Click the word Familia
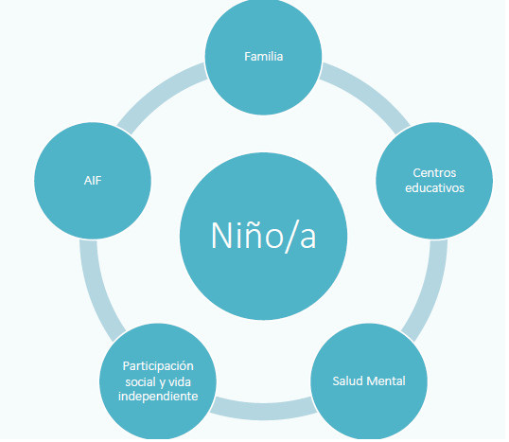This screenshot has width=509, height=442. [x=265, y=57]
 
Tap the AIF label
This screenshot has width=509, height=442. [x=93, y=181]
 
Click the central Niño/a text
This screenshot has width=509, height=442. [x=265, y=237]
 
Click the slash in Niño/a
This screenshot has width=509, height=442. [x=290, y=238]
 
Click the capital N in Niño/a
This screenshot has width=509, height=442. [x=222, y=237]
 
